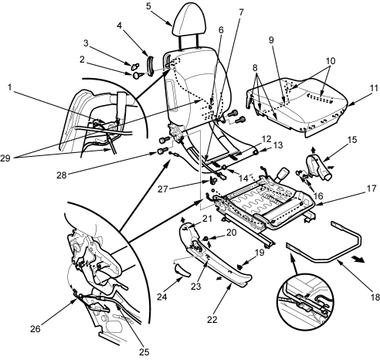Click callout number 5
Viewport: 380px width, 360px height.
point(148,6)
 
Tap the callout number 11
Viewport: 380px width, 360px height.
point(374,88)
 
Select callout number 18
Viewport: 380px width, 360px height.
point(375,297)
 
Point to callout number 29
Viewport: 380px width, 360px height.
point(5,158)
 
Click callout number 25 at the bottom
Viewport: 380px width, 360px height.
point(144,352)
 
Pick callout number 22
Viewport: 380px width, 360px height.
point(212,320)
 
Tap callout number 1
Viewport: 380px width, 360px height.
point(9,87)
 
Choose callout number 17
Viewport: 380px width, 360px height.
point(372,188)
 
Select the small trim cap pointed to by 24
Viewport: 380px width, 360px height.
point(182,271)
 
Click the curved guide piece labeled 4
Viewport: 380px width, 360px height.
point(150,66)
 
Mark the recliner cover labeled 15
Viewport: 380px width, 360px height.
point(318,168)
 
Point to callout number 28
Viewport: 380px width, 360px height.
point(62,175)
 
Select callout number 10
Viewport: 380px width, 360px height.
point(331,61)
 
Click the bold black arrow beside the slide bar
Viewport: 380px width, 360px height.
point(358,260)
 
